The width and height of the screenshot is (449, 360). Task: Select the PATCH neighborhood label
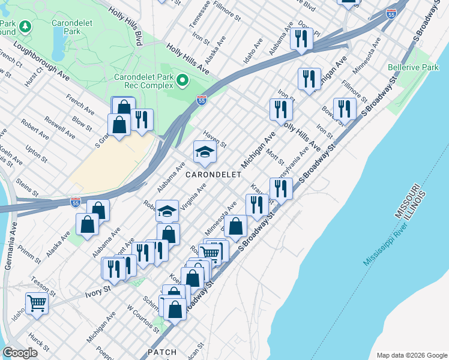(162, 352)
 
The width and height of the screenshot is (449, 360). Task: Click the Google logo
(20, 352)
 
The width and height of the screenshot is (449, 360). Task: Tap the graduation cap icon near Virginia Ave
(167, 211)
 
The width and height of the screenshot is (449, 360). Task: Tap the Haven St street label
(214, 141)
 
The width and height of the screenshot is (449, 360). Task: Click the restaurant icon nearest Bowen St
(345, 109)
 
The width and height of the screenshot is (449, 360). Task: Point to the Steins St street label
(28, 185)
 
